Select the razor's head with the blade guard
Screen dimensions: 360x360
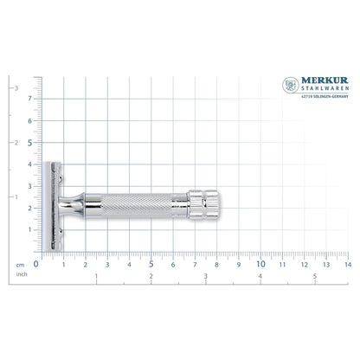click(52, 206)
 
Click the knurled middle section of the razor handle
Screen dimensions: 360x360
click(134, 207)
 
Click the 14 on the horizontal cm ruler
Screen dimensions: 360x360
click(347, 264)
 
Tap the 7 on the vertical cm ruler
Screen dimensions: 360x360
click(30, 99)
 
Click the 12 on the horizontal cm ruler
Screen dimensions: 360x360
click(303, 264)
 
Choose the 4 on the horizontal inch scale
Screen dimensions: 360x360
click(260, 276)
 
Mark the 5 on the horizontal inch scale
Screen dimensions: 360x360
click(315, 276)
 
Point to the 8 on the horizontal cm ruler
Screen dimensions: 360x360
click(216, 264)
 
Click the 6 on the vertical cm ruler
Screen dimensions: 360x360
click(30, 121)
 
